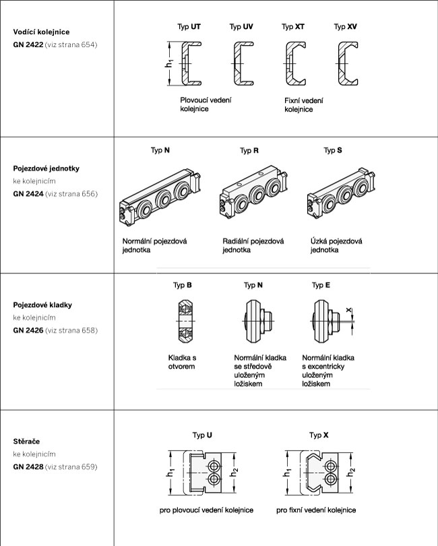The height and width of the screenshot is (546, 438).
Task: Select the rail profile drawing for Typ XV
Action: click(x=347, y=63)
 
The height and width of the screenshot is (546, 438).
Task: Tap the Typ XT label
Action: click(x=293, y=27)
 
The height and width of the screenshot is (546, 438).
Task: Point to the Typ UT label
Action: click(x=188, y=27)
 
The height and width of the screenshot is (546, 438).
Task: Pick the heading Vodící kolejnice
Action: click(x=42, y=32)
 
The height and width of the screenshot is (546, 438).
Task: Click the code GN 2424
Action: click(x=28, y=194)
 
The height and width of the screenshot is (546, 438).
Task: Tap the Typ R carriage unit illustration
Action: click(x=250, y=197)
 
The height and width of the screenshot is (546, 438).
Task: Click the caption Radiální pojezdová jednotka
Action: click(x=253, y=245)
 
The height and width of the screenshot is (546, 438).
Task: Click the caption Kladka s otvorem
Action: click(x=182, y=362)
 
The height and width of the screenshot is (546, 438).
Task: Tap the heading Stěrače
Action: click(x=26, y=442)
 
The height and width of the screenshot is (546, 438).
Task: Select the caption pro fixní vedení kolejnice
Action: click(x=316, y=510)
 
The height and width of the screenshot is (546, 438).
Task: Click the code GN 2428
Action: click(x=28, y=467)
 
